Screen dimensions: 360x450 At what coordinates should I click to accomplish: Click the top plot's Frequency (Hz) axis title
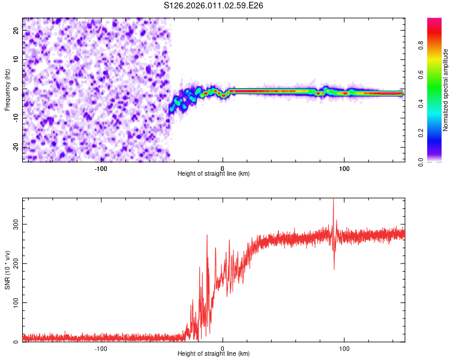[x=7, y=90]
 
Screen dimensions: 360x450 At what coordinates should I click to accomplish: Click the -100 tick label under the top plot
[x=101, y=168]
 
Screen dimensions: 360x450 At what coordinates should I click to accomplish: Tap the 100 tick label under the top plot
[x=344, y=168]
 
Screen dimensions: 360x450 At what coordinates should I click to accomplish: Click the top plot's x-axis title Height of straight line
[x=214, y=174]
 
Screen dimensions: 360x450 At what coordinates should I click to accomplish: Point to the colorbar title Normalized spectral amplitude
[x=446, y=90]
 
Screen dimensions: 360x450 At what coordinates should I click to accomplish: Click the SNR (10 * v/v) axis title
[x=7, y=270]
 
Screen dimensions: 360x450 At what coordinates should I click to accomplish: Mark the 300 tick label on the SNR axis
[x=16, y=224]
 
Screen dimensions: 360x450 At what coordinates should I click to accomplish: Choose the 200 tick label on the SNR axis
[x=16, y=263]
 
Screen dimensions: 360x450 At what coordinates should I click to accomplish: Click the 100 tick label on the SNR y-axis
[x=16, y=303]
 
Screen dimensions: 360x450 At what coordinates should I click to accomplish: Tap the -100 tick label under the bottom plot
[x=101, y=348]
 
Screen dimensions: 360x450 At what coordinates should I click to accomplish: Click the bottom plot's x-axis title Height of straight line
[x=214, y=354]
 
